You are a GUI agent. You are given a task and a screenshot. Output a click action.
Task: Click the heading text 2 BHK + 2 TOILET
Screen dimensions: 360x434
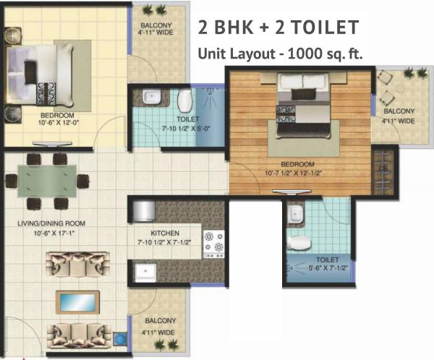[x=278, y=28]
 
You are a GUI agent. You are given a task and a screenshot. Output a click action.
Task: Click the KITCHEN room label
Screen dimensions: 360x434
[x=166, y=233]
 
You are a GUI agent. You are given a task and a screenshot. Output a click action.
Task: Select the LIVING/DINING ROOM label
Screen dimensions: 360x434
[x=48, y=224]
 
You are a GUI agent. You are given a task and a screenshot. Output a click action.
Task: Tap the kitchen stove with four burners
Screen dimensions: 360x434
[x=213, y=244]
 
